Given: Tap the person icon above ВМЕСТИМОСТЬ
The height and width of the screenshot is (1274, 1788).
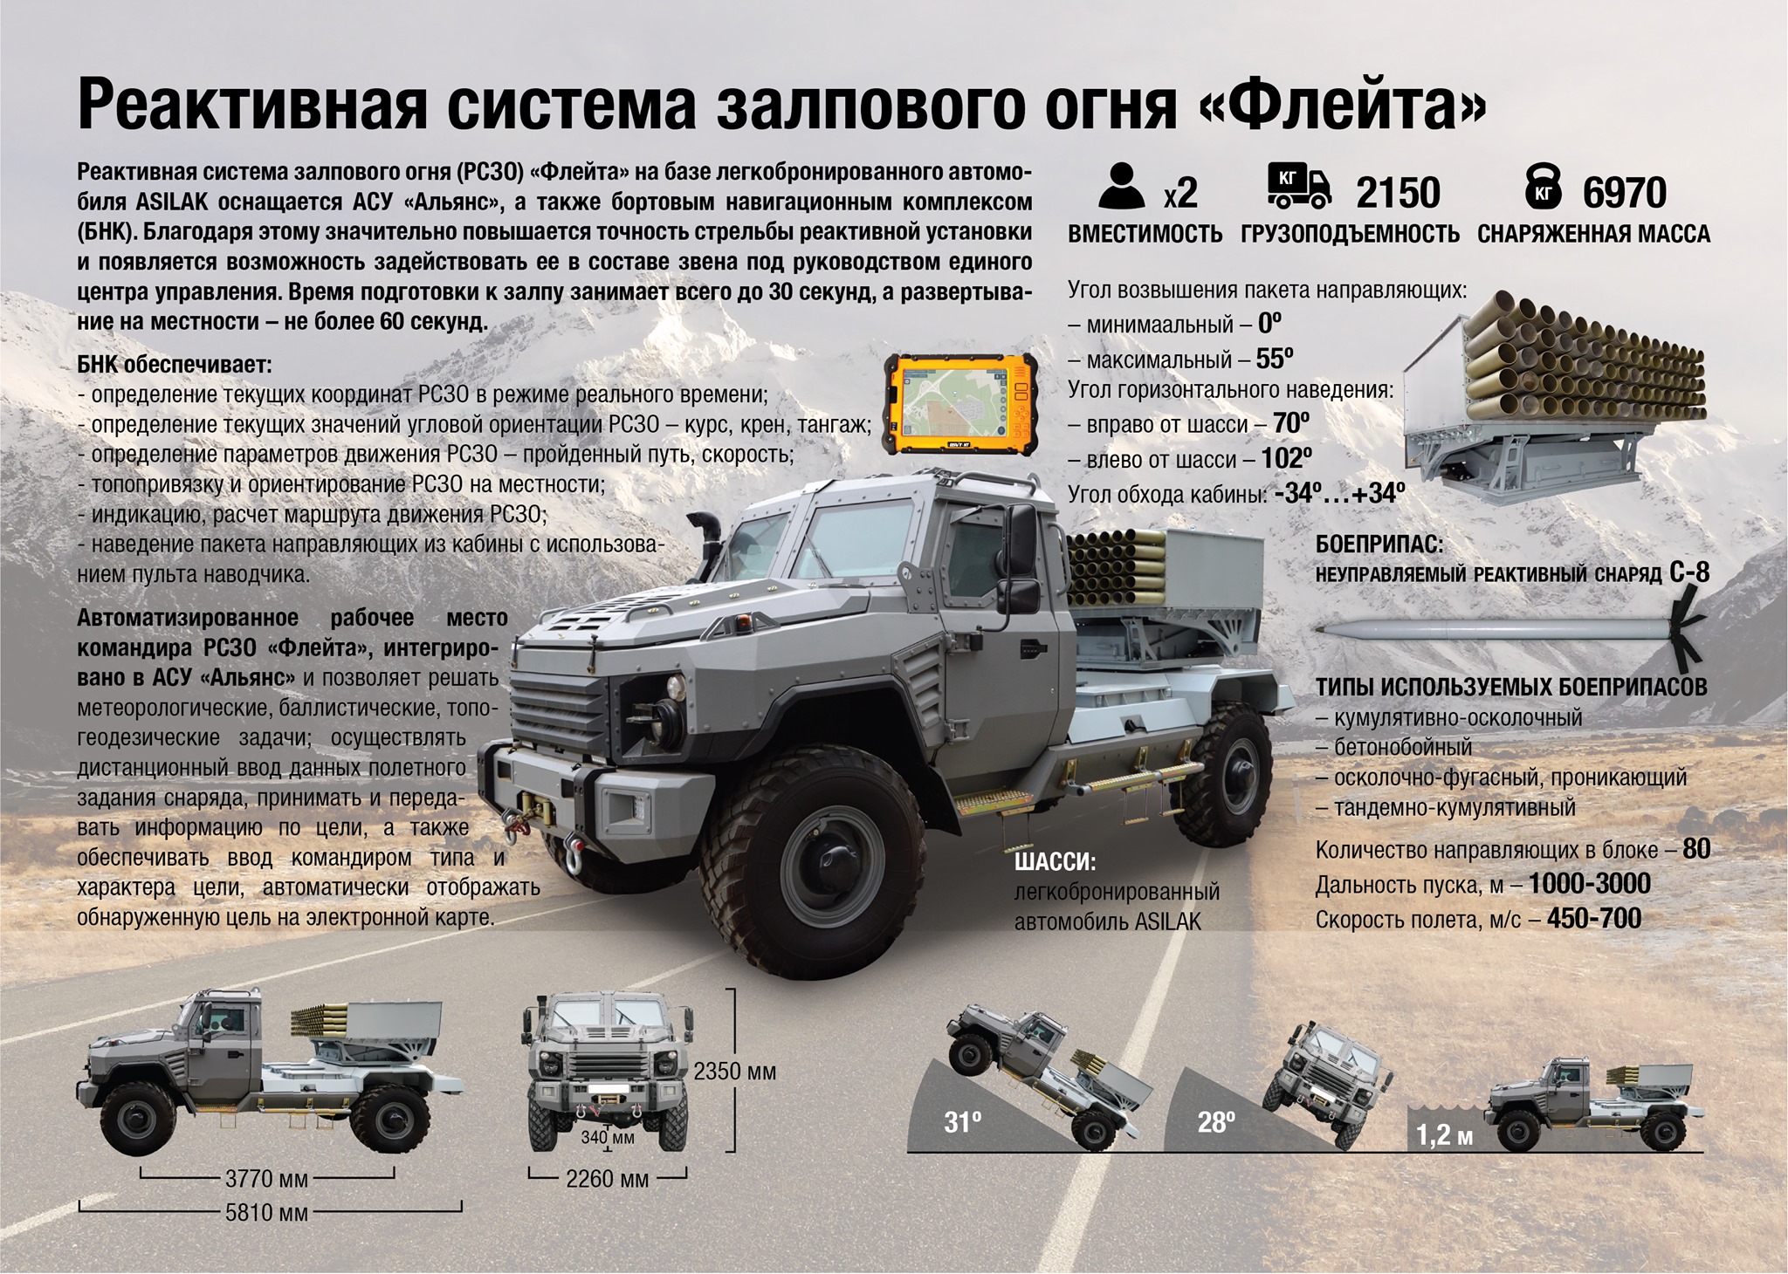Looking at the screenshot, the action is click(1122, 186).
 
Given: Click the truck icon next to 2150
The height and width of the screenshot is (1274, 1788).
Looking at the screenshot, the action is click(1300, 187).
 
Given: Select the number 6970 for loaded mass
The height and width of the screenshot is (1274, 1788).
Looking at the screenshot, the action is click(1625, 193).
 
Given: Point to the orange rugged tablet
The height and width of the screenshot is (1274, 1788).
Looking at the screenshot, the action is click(960, 402).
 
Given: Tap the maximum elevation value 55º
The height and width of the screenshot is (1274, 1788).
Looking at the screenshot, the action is click(1275, 359).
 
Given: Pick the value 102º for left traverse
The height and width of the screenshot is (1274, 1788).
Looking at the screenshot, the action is click(1286, 459).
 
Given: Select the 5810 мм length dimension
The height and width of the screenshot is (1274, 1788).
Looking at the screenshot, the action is click(267, 1212).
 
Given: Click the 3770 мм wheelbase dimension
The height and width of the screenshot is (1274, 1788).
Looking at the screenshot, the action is click(267, 1179).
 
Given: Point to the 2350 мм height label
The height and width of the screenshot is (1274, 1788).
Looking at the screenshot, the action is click(735, 1072).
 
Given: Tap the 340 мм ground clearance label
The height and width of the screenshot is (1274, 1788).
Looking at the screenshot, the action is click(609, 1138).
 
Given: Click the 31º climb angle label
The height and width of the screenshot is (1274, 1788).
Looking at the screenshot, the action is click(963, 1122).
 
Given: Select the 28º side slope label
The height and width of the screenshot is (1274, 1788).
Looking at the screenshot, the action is click(1216, 1122).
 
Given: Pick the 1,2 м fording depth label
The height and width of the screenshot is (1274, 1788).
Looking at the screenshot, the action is click(1444, 1136).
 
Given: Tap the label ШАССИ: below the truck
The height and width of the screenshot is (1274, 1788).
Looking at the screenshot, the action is click(1055, 862).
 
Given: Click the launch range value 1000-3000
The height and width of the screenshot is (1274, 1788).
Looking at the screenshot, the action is click(1589, 884).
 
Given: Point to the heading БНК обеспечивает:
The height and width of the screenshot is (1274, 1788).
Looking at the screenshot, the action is click(175, 364).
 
